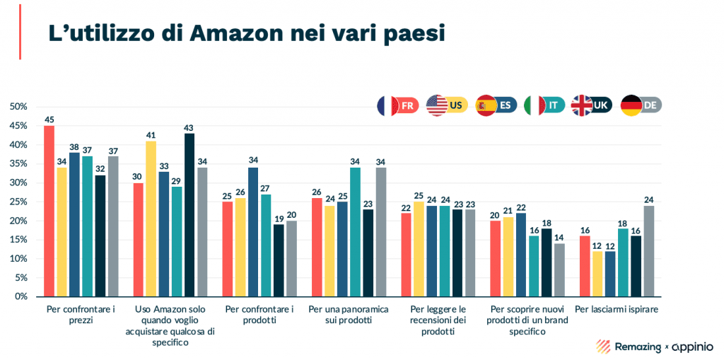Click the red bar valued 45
point(49,211)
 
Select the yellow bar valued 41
point(151,219)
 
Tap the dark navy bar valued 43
point(189,214)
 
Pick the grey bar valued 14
point(559,269)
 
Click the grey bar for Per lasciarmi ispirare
point(648,250)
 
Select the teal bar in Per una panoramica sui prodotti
point(354,231)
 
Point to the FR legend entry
point(398,105)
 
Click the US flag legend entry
point(448,105)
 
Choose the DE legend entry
point(641,105)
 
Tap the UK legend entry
point(592,105)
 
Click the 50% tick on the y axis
point(18,107)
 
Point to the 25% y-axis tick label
point(18,202)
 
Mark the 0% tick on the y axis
point(21,296)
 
